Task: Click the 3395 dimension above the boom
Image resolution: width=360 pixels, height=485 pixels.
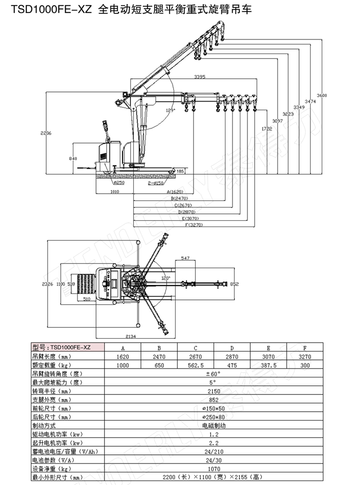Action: [x=200, y=77]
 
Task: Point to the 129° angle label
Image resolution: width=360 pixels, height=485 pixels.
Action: [x=170, y=110]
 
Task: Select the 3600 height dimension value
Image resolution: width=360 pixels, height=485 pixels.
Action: [x=322, y=95]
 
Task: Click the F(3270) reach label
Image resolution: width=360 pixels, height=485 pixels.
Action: [x=193, y=225]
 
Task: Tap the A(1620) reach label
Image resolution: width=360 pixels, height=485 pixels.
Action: [x=175, y=191]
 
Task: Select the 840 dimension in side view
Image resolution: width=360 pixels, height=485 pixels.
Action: [x=73, y=159]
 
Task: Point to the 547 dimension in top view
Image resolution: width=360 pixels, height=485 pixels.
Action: [x=185, y=258]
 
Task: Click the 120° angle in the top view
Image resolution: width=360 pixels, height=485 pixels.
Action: [x=166, y=278]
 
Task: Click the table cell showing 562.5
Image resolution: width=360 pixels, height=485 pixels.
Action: [x=195, y=365]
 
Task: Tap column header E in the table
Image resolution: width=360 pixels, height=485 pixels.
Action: [x=268, y=348]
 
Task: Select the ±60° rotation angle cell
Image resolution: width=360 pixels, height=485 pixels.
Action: [x=213, y=374]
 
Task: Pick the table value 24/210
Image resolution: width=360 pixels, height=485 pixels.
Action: [x=214, y=451]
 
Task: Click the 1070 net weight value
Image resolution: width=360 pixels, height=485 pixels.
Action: [x=214, y=468]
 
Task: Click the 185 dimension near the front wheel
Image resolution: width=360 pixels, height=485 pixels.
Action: [x=180, y=171]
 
